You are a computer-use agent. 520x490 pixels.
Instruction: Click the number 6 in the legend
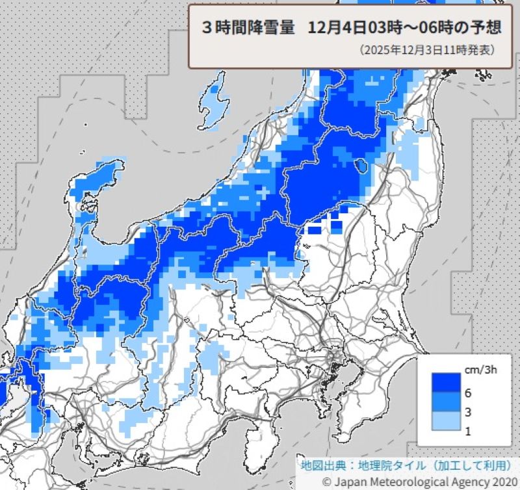coord(468,393)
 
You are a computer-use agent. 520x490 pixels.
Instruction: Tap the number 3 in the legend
coord(468,412)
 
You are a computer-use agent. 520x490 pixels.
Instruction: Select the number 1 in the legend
coord(468,431)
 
